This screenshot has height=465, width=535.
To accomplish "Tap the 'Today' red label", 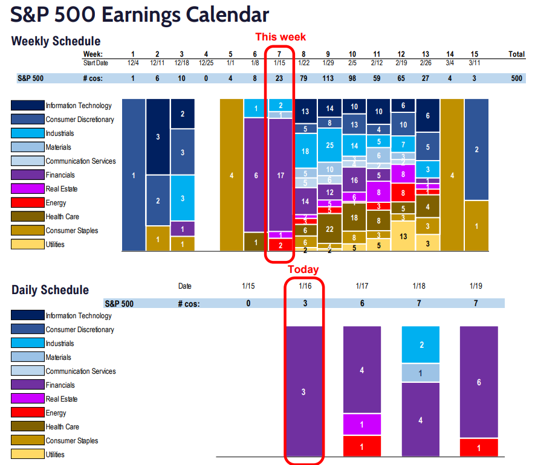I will click(303, 269).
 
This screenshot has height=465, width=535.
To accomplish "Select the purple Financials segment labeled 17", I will click(279, 175).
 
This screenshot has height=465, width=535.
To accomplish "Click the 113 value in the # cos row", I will click(329, 78).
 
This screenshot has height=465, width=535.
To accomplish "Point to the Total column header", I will click(516, 54).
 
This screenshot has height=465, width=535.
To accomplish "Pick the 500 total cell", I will click(516, 78).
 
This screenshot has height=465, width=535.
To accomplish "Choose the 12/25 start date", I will click(206, 63).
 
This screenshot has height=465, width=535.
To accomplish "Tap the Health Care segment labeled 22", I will click(329, 229).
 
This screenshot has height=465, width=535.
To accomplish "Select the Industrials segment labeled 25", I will click(329, 146).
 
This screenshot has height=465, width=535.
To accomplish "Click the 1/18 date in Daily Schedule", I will click(420, 286).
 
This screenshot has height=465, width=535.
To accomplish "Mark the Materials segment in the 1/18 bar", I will click(420, 373).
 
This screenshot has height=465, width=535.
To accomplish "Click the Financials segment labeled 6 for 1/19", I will click(478, 382).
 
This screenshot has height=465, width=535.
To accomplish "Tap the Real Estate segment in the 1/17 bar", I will click(362, 425).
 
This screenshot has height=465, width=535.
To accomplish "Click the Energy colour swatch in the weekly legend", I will click(27, 203).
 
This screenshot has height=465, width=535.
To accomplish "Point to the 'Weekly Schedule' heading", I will click(56, 42).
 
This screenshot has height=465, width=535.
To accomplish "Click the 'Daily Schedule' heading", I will click(50, 290).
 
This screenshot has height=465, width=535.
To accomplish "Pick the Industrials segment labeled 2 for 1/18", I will click(420, 345).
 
